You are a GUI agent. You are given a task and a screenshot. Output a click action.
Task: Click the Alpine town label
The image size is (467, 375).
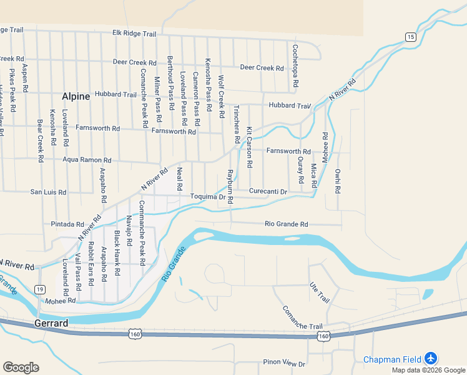click(76, 96)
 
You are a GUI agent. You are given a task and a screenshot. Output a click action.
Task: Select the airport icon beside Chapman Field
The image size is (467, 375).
click(430, 359)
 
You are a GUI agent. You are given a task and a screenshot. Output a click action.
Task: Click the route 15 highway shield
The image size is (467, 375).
click(410, 37)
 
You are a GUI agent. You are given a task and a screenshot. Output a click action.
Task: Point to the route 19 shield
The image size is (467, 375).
click(40, 289)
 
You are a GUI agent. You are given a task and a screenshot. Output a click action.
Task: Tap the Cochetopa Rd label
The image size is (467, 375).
click(295, 65)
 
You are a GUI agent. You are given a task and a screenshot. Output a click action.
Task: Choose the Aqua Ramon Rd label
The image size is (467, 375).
click(87, 160)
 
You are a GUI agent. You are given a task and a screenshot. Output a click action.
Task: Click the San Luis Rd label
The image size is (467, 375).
click(48, 192)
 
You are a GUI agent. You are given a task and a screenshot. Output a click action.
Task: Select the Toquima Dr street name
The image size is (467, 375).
click(208, 197)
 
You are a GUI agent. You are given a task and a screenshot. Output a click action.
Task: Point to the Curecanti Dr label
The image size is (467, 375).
click(268, 191)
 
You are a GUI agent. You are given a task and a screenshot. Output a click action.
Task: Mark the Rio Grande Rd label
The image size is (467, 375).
click(287, 224)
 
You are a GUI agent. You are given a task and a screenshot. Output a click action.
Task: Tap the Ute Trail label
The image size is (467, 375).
click(319, 293)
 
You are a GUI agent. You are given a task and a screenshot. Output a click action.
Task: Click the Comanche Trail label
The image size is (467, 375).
click(302, 317)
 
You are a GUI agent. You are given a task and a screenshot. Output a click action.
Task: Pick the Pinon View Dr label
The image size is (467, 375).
click(284, 363)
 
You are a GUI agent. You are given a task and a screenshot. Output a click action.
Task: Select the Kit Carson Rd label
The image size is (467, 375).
click(249, 147)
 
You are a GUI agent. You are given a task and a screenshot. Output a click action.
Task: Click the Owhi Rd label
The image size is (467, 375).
click(338, 181)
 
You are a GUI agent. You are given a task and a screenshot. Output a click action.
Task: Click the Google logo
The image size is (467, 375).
click(21, 367)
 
